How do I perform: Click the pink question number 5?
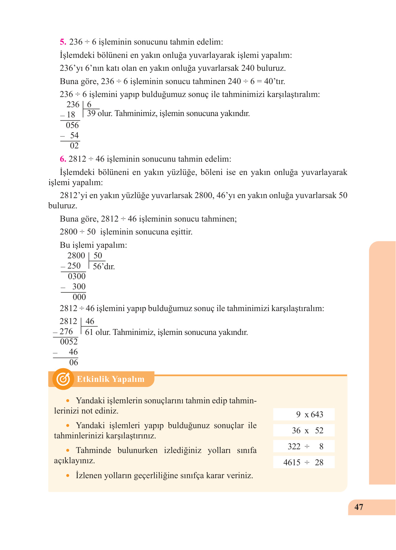coord(63,42)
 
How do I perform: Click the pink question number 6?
coord(63,159)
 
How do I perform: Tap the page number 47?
coord(359,507)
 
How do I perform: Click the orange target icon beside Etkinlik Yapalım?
coord(63,379)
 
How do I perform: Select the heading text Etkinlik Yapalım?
coord(110,379)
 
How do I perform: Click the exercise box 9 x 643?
coord(304,415)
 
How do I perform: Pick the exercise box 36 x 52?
coord(304,431)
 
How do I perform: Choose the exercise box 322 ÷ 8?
coord(304,447)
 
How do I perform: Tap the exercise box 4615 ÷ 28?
coord(304,463)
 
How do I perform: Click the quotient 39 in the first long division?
coord(91,114)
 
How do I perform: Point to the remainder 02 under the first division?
coord(74,146)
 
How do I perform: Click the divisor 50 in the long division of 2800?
coord(98,256)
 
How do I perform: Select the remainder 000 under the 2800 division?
coord(79,297)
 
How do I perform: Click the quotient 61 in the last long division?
coord(89,332)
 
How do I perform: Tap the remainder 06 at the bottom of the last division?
coord(74,362)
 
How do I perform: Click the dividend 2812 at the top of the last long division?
coord(68,321)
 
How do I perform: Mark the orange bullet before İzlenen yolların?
coord(68,475)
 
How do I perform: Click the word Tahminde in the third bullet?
coord(93,451)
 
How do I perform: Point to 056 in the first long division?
coord(72,125)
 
